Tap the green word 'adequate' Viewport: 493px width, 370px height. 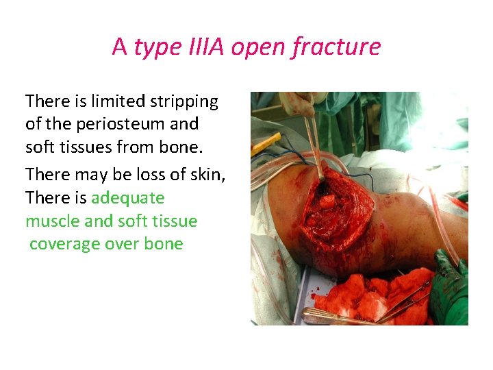pos(128,198)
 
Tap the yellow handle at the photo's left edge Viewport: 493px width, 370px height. pos(266,144)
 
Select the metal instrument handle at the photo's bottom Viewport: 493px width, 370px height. pos(336,317)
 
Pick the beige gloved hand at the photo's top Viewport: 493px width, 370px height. pos(296,102)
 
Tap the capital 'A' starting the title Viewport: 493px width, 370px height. pos(120,47)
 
